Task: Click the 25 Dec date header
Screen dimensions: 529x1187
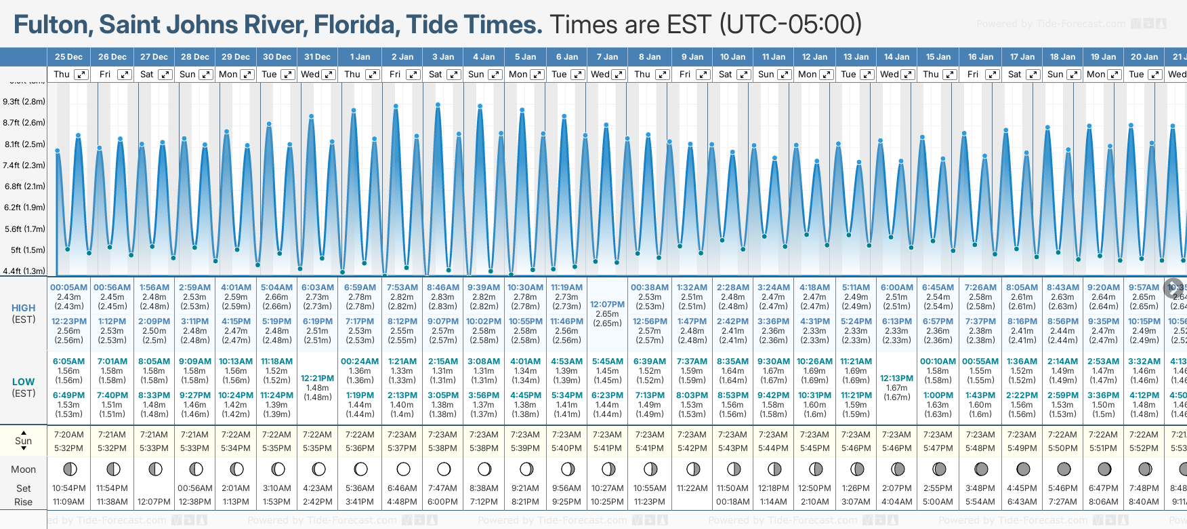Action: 68,57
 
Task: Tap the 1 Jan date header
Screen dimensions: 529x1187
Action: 360,57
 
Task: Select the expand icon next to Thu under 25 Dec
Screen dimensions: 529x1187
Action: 81,75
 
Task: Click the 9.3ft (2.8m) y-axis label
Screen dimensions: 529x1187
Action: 24,102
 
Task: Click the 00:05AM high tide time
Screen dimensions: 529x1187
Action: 68,288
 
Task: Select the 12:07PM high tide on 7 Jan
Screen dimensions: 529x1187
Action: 607,305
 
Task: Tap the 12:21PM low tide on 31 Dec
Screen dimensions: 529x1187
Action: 317,378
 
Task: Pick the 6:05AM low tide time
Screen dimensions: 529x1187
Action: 68,361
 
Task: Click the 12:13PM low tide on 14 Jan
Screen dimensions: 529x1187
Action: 896,378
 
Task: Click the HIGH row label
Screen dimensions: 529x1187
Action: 24,308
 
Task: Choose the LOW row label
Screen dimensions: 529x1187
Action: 24,382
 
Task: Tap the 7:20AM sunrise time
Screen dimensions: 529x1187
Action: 68,435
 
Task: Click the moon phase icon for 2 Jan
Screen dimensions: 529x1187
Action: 403,469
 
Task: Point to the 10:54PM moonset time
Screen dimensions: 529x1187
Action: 68,488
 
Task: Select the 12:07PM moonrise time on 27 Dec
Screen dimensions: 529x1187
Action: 154,502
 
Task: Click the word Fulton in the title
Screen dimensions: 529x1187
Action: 52,25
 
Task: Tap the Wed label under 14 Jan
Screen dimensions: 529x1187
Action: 889,75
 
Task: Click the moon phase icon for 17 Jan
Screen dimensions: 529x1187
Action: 1023,469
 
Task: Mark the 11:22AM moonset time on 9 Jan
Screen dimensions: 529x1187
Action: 692,488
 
